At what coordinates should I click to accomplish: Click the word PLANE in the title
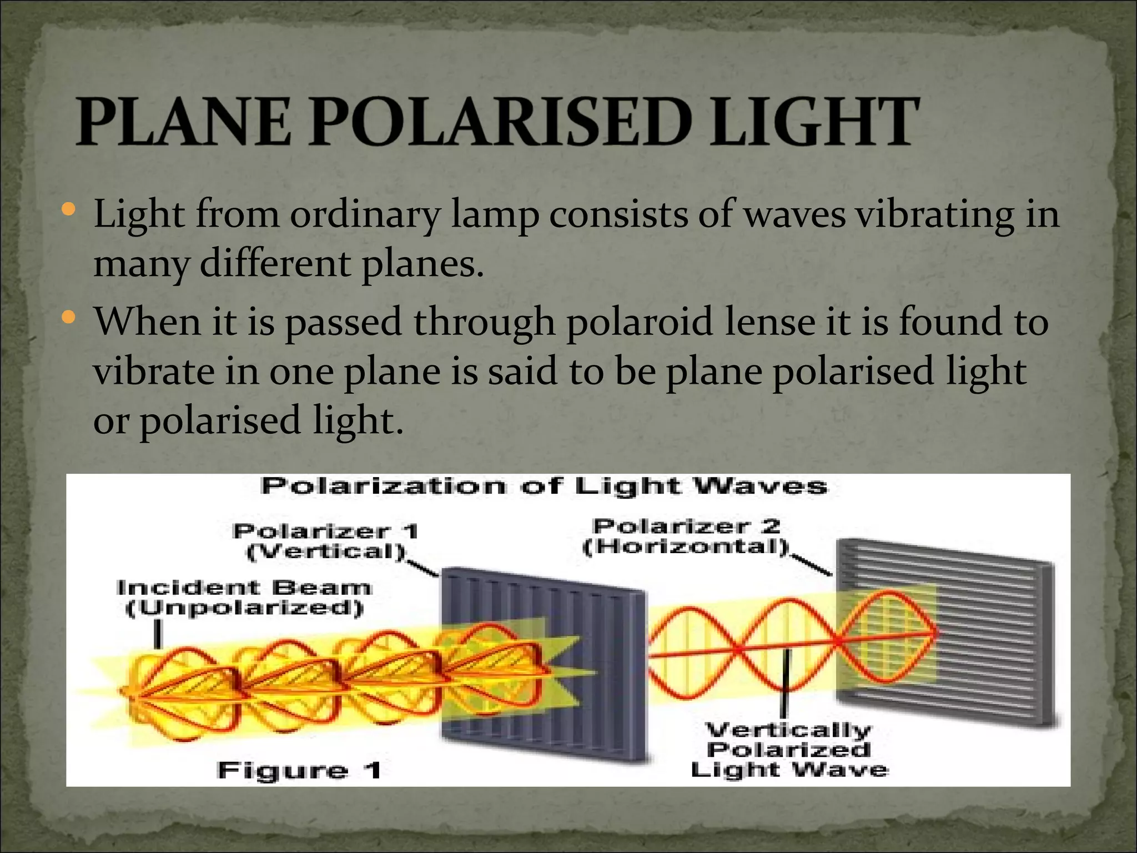tap(183, 121)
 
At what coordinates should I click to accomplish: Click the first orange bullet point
tap(69, 210)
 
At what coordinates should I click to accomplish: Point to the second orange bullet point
tap(69, 318)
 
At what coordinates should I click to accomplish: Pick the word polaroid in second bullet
tap(639, 322)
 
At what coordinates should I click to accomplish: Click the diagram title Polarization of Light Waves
tap(544, 486)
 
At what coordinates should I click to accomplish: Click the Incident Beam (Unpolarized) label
tap(244, 598)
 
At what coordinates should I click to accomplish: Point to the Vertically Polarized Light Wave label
tap(788, 750)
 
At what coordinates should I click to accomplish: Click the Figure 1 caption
tap(299, 770)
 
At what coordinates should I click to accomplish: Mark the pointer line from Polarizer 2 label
tap(812, 564)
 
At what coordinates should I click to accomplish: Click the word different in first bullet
tap(274, 264)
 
